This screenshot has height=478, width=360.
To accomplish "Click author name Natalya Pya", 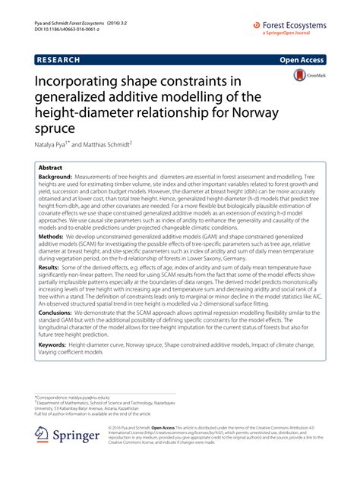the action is coord(53,143).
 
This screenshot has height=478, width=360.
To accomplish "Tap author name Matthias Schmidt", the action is coord(104,143).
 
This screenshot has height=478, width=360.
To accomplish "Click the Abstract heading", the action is coord(50,165).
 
